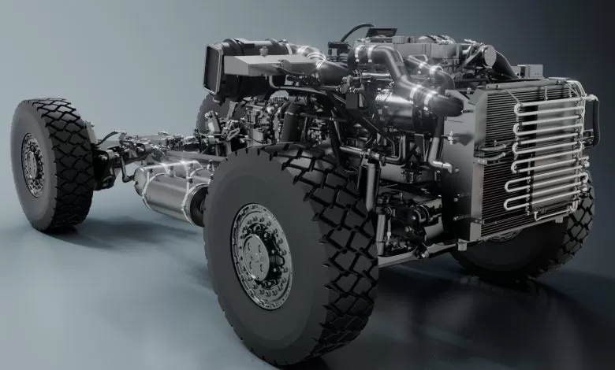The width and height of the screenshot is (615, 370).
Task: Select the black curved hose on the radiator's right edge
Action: click(593, 118)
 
